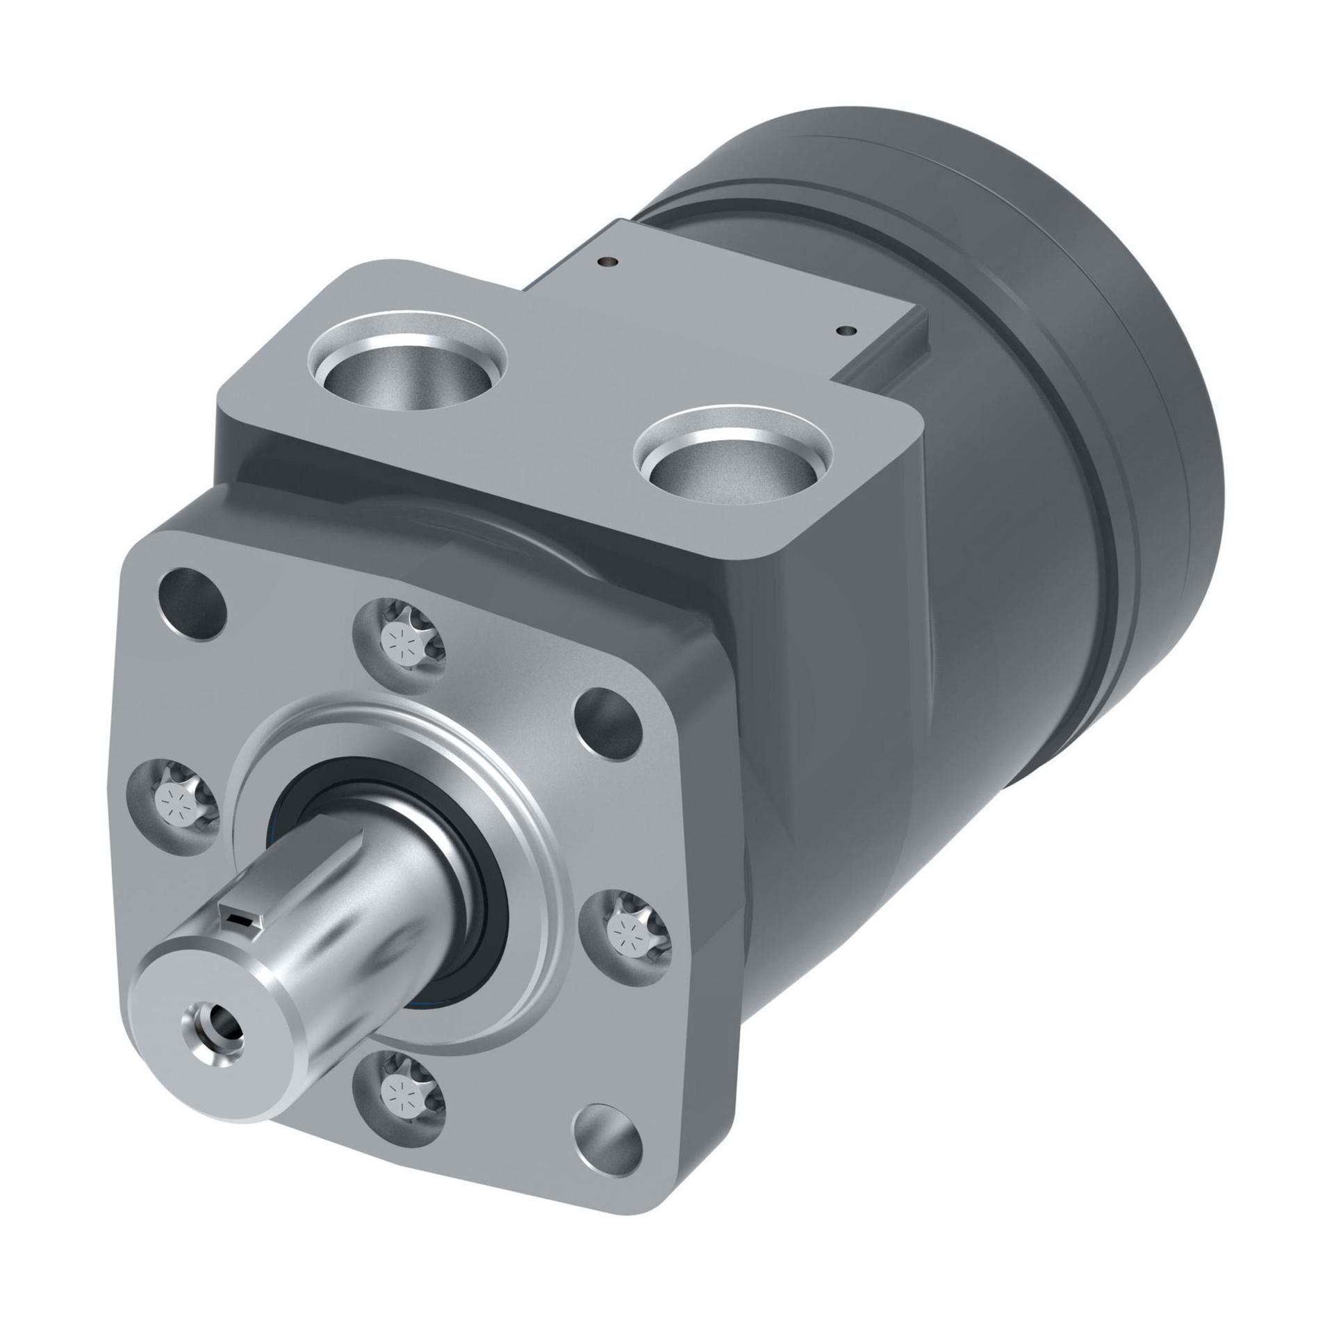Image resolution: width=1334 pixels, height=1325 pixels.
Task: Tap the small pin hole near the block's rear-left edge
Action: click(609, 262)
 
